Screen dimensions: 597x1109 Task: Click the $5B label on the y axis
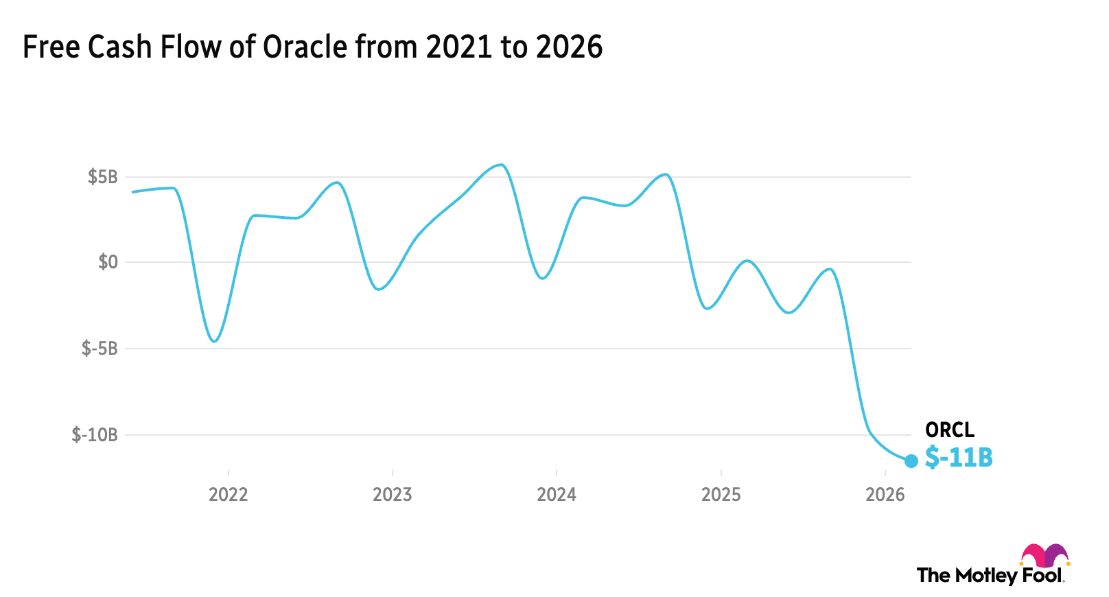coord(103,177)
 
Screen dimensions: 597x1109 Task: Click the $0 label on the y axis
coord(108,262)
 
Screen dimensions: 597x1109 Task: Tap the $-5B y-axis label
coord(100,349)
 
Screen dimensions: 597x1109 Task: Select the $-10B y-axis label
coord(95,435)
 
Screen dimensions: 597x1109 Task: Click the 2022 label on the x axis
coord(228,495)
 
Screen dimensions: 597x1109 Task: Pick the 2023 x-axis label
coord(392,495)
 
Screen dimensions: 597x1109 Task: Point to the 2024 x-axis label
coord(557,495)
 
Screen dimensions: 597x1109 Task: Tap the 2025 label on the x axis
coord(721,495)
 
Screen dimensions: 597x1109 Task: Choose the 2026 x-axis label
coord(885,495)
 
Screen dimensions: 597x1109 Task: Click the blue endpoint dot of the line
coord(911,461)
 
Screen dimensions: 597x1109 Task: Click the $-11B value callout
coord(959,457)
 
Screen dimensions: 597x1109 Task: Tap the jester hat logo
coord(1044,556)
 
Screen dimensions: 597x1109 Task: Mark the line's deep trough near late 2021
coord(214,341)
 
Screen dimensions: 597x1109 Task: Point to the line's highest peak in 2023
coord(501,165)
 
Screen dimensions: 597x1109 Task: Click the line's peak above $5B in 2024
coord(664,174)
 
